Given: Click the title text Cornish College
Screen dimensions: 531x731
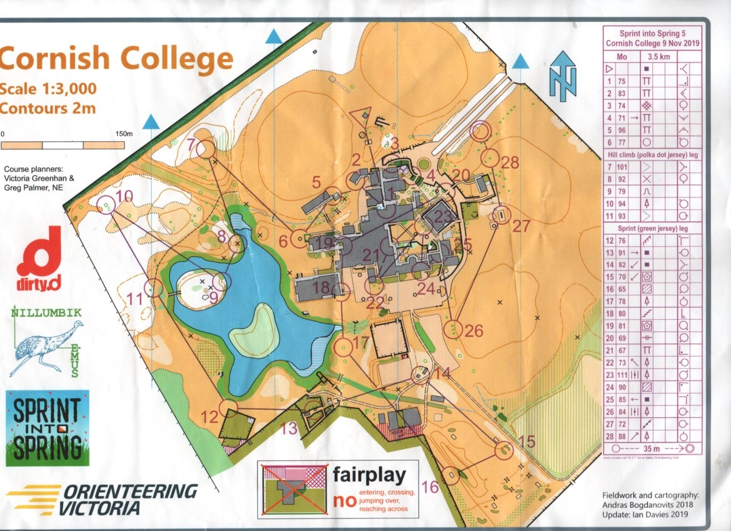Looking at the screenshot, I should pos(117,59).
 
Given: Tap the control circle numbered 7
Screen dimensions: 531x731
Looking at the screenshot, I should pos(207,149).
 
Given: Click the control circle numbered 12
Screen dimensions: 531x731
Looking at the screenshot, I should pos(229,408).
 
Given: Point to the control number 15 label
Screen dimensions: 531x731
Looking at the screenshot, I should pos(527,442).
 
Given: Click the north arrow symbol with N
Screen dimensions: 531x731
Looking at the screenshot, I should pos(563,76).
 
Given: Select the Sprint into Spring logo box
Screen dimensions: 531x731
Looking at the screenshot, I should pos(47,427).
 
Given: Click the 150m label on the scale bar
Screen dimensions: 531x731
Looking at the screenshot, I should pos(123,133).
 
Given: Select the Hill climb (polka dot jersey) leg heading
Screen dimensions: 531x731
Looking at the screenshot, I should pos(651,155).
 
